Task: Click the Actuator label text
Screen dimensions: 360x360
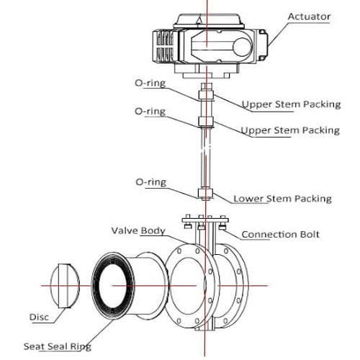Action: pos(309,17)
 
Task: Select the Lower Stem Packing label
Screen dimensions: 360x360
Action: pos(282,199)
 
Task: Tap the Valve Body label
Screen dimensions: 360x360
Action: pos(138,230)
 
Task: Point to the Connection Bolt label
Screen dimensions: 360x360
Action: pos(280,234)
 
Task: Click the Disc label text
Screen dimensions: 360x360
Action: pos(39,317)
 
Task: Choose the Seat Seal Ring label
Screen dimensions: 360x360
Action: pos(58,347)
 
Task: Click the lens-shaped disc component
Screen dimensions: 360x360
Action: pos(65,286)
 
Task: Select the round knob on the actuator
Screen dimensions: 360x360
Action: pos(243,48)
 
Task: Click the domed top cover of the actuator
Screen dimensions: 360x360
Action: pos(209,19)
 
